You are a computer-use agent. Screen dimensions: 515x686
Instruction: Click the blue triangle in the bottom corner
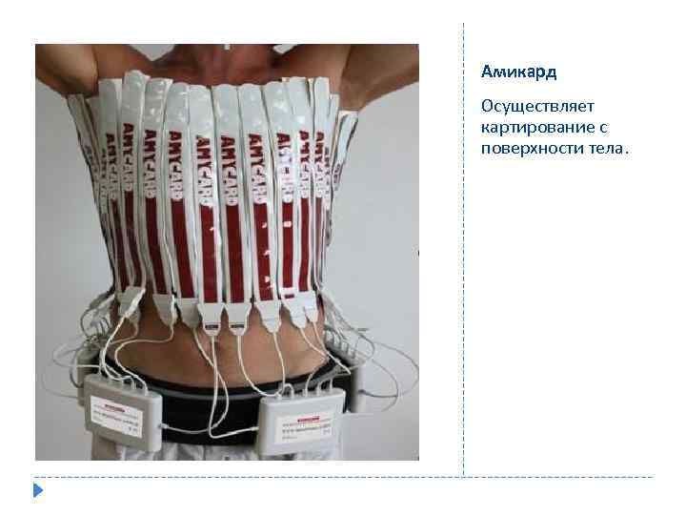pos(37,491)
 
